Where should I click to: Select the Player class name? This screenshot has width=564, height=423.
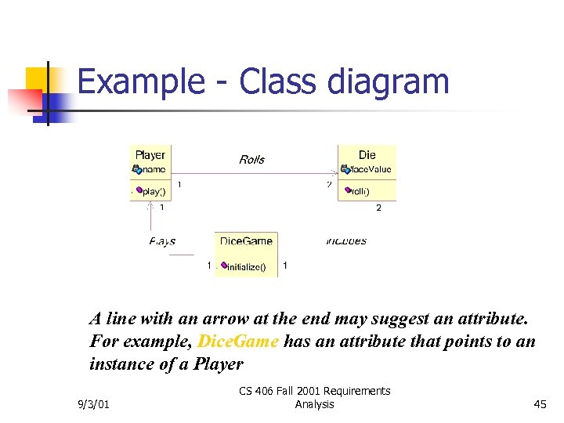coord(150,155)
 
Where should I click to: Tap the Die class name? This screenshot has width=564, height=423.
coord(367,155)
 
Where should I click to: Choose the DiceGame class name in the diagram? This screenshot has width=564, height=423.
coord(246,241)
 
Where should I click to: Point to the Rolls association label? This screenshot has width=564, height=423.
coord(251,160)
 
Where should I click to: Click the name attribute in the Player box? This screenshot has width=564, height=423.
coord(154,169)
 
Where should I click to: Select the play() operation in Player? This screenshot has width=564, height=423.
coord(154,191)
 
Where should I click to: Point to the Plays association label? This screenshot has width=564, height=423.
coord(162,241)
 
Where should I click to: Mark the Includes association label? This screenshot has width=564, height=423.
coord(346,241)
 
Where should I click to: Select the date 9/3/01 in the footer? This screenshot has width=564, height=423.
coord(94,404)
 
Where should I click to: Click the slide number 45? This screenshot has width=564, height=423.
coord(540,404)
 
